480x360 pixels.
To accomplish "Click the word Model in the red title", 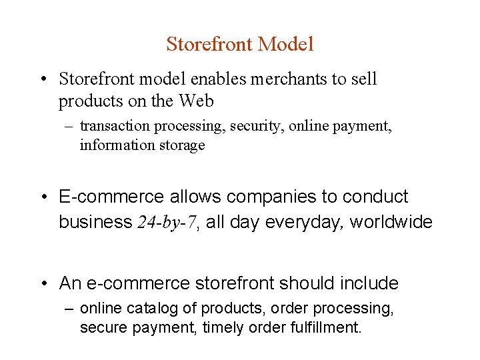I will [285, 45].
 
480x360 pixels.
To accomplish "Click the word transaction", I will [113, 126].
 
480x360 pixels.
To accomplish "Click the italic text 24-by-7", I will [167, 222].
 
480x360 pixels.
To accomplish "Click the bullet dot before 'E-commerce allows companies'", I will [43, 197].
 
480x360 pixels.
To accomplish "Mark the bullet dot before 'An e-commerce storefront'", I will [43, 284].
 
